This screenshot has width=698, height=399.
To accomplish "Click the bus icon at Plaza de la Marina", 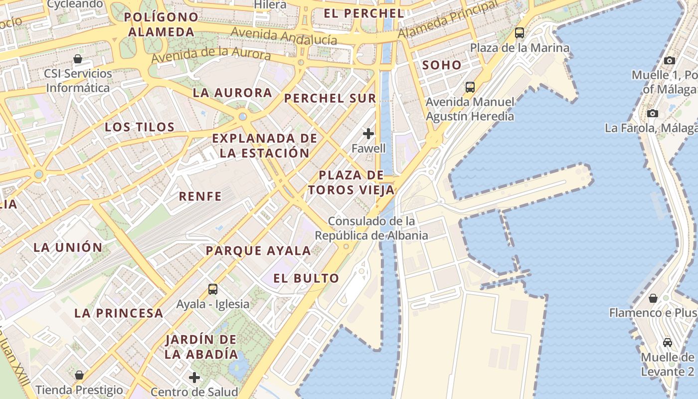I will point(520,33).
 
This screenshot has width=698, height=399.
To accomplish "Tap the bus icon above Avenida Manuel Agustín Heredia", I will point(470,87).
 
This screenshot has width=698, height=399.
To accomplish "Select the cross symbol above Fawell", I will point(368,134).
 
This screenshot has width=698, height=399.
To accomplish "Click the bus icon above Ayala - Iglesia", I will point(213,289).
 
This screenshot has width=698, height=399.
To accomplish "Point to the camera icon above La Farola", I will point(653,113).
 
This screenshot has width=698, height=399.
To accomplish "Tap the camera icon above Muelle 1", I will point(670,60).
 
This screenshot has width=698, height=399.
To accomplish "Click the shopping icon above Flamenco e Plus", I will point(653,298).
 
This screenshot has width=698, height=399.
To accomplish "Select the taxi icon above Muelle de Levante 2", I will point(668,343).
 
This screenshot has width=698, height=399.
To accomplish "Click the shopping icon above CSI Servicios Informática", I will point(78,59).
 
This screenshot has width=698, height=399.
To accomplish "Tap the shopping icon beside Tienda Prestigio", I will point(79,375).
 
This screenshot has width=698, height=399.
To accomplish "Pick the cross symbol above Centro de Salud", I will point(194,378).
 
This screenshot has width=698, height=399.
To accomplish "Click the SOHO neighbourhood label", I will point(442,65).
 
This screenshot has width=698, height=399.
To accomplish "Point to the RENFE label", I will point(200,196).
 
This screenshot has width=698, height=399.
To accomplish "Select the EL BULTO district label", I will point(306,278).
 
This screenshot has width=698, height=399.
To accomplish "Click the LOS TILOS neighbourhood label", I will point(140,127).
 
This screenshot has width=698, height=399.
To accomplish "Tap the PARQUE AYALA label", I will point(258,250).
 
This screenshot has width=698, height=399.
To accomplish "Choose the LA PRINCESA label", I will point(119,313).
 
